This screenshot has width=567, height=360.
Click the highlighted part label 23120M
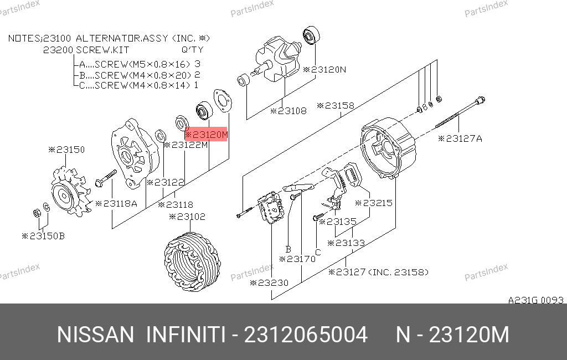pos(206,135)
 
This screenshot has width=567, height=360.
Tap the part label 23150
pos(66,150)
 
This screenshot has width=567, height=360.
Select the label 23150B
pos(43,236)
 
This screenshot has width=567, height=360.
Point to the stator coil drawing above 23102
pos(192,260)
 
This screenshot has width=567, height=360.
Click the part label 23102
pos(187,217)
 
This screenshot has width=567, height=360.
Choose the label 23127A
pos(460,138)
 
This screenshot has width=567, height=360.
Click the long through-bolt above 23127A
pos(460,112)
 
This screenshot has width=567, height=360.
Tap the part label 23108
pos(288,111)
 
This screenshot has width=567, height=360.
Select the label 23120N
pos(324,69)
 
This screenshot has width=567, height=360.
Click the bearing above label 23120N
pos(311,35)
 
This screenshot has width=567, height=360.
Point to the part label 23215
pos(374,203)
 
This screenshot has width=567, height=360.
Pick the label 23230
pos(269,282)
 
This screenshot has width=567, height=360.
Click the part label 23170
pos(297,259)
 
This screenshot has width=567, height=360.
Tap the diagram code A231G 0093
pos(536,300)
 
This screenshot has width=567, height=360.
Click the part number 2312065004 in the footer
pos(306,335)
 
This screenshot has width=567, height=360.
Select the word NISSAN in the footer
pos(95,335)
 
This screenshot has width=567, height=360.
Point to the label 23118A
pos(116,203)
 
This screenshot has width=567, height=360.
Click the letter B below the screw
pos(288,249)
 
